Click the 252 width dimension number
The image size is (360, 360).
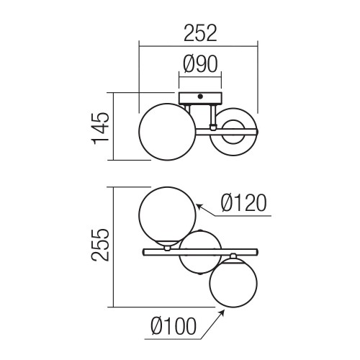[200, 32]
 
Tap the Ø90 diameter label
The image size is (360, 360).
[200, 64]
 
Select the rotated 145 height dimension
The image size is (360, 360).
[100, 128]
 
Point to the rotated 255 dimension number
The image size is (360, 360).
[100, 245]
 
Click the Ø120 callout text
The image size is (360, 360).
[244, 203]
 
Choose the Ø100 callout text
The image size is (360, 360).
[174, 326]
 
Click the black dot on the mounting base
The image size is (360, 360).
[200, 96]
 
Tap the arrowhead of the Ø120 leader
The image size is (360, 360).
[199, 207]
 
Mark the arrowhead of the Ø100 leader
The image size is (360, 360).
[222, 312]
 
